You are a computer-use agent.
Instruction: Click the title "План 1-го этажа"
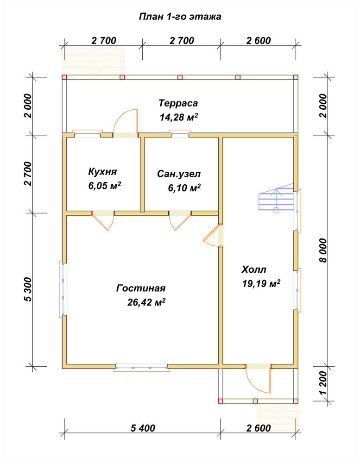pos(180,17)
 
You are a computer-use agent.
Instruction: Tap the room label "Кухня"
pos(102,172)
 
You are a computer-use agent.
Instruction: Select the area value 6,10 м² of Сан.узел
pos(184,188)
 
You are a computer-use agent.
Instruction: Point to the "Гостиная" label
pos(141,288)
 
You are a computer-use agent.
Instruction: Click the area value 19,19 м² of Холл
pos(261,283)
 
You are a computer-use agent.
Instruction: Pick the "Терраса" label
pos(178,103)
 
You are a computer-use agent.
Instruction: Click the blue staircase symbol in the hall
pos(276,199)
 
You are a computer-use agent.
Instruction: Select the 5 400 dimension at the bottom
pos(143,427)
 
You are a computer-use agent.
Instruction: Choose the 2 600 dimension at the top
pos(259,40)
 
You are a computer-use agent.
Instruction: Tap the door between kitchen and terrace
pos(125,122)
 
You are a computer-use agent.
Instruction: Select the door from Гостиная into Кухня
pos(102,220)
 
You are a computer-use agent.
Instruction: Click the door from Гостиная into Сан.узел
pos(180,220)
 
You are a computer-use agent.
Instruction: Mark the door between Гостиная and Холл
pos(213,235)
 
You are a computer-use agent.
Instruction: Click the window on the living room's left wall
pos(63,289)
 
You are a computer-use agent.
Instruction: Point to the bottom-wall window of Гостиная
pos(142,367)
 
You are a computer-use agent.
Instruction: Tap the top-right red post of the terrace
pos(296,77)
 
